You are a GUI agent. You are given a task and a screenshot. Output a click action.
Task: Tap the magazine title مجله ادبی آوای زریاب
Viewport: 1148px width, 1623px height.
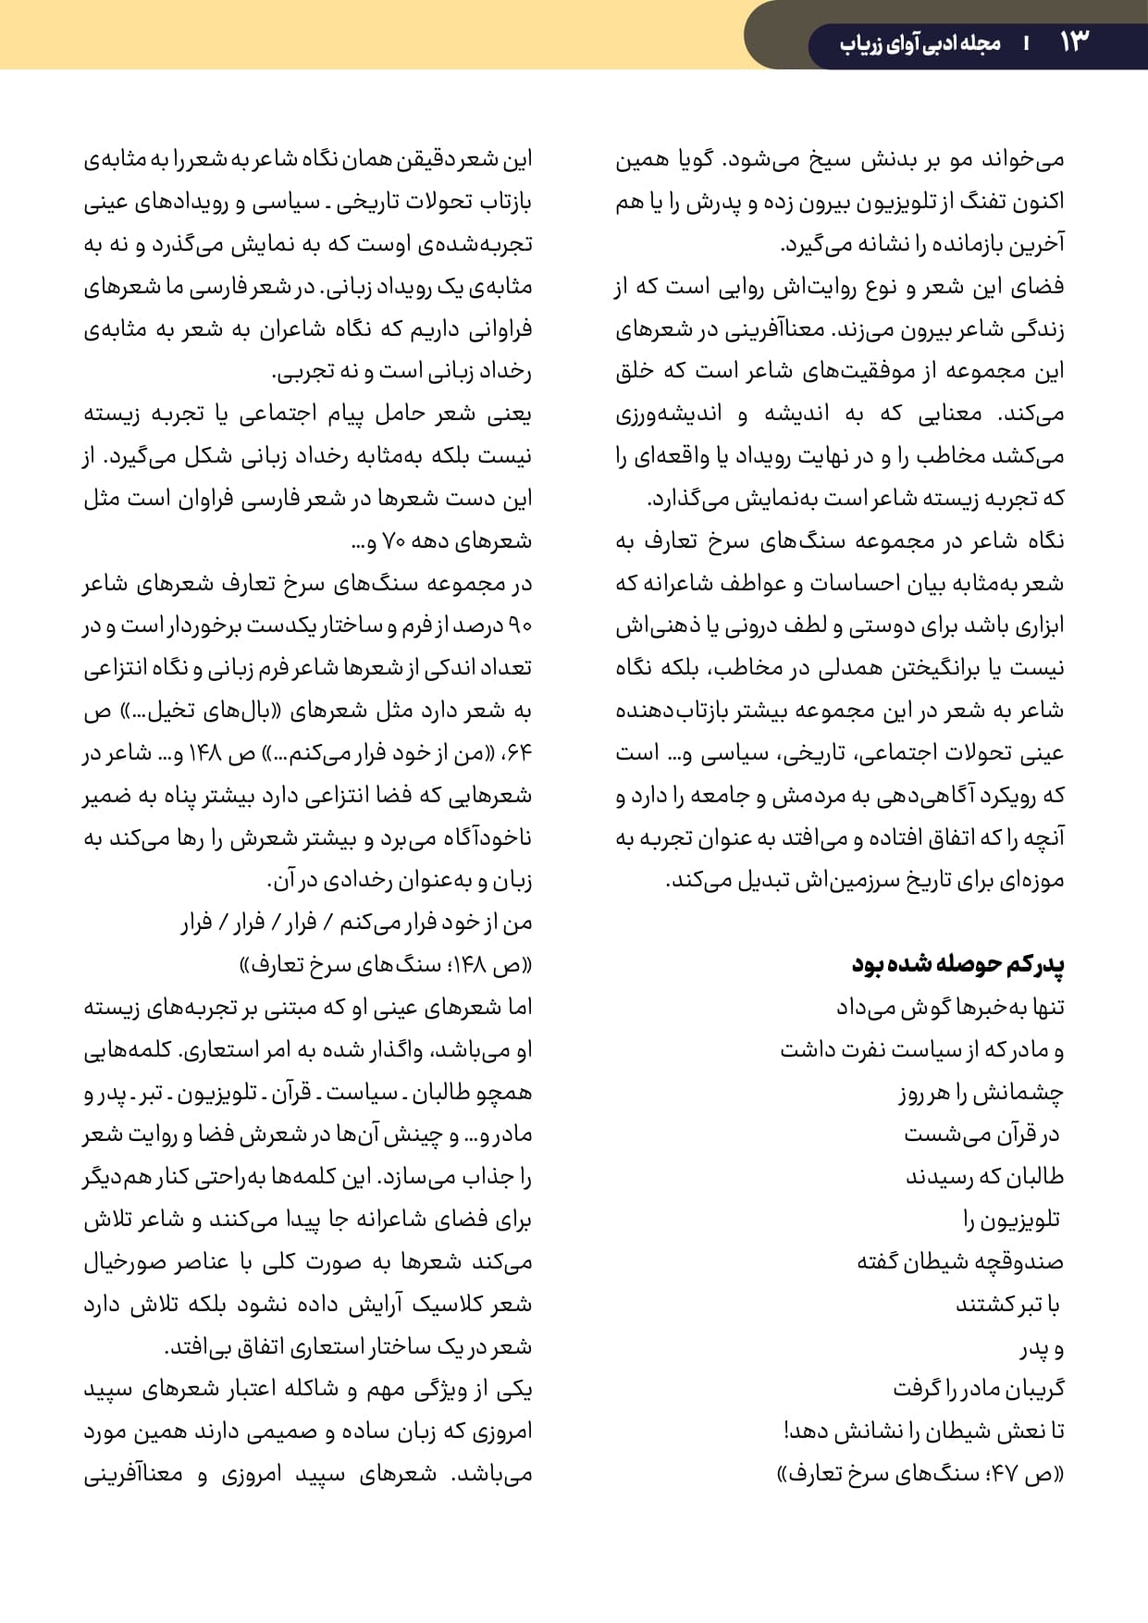920,43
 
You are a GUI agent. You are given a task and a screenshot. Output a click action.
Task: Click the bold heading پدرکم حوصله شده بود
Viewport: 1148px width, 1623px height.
957,964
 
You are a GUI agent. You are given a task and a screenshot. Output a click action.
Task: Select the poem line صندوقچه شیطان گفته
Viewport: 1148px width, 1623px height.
960,1262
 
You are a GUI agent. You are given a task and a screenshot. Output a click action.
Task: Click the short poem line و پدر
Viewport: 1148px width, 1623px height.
1043,1348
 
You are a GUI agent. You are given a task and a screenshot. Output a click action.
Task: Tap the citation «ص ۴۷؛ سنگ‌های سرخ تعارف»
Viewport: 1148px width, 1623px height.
920,1475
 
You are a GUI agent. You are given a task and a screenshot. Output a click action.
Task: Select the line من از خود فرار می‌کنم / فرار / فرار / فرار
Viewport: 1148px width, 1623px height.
356,923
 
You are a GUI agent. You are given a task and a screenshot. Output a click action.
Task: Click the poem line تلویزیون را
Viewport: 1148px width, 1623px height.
1013,1220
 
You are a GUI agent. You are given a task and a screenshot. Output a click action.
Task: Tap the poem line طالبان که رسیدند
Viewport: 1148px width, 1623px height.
984,1178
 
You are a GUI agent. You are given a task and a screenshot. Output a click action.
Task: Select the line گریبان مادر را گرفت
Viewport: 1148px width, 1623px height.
979,1390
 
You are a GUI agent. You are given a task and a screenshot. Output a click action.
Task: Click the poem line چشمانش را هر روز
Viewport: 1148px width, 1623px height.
981,1094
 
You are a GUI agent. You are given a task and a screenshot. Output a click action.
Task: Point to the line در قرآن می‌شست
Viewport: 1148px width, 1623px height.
983,1135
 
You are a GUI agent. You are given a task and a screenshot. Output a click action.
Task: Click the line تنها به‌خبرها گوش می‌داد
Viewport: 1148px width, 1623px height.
950,1008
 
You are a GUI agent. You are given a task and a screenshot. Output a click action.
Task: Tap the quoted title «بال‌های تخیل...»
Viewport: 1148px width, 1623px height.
365,712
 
